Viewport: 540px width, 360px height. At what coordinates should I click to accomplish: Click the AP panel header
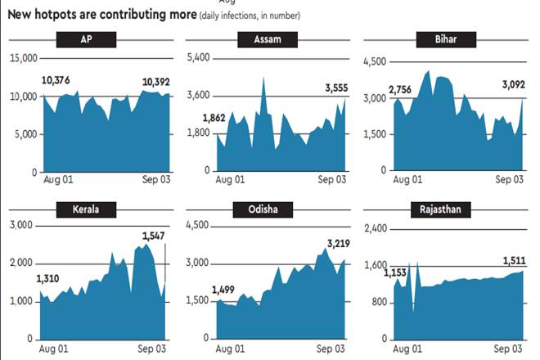click(87, 41)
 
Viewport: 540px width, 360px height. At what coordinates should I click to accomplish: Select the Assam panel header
click(268, 41)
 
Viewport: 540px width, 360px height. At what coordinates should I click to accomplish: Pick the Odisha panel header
click(268, 209)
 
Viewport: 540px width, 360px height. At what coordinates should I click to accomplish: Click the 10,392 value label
click(156, 82)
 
